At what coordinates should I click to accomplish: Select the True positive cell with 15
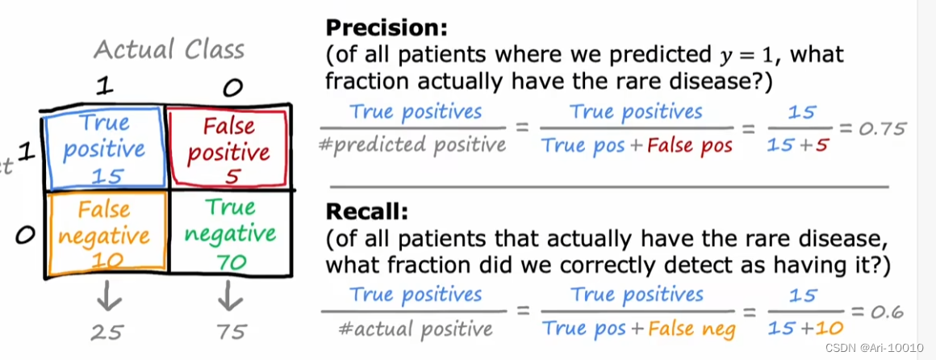105,149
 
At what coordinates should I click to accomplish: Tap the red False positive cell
228,150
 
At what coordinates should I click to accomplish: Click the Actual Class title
169,50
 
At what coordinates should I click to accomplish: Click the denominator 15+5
801,145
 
